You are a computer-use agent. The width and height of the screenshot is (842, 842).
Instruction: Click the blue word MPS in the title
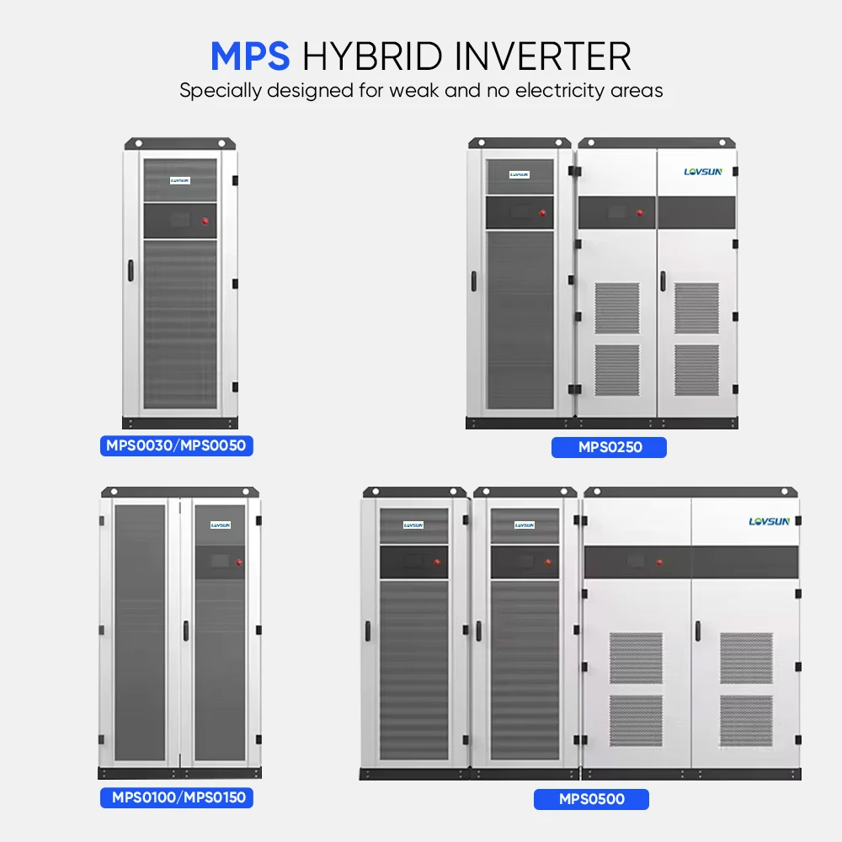(250, 56)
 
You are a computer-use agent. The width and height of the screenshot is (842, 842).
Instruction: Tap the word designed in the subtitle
(317, 91)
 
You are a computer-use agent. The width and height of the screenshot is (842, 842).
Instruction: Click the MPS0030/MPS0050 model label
(176, 445)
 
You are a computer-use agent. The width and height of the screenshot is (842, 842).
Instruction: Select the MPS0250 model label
(609, 447)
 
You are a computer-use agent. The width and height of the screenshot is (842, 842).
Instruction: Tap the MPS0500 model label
(591, 798)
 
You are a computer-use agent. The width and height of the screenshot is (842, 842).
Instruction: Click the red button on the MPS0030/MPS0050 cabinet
(205, 221)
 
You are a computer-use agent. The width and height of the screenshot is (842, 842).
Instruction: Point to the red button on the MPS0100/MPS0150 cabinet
(240, 562)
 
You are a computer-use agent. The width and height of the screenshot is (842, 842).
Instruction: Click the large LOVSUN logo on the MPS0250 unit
(702, 172)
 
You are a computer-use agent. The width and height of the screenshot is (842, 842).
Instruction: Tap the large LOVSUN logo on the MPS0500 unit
(769, 521)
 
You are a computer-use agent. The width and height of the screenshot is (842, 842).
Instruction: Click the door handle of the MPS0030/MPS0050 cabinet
(131, 271)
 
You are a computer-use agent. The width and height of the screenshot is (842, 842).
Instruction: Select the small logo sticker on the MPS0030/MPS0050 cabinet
(179, 179)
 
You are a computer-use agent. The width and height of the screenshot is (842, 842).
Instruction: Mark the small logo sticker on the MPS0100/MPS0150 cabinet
(220, 525)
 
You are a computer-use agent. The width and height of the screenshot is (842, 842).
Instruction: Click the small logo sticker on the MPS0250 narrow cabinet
(520, 174)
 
